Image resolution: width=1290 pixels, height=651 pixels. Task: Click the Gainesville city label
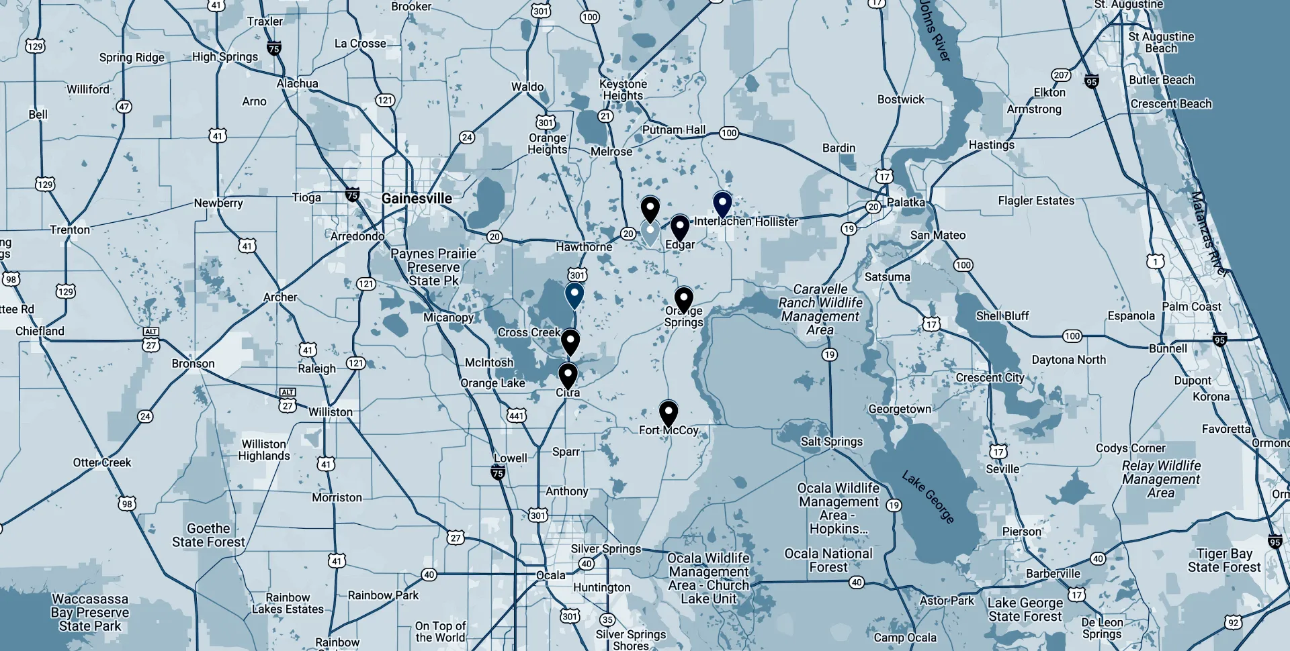417,199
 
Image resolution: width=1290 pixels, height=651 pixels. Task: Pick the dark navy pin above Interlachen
722,203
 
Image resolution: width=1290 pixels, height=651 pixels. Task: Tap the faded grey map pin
650,232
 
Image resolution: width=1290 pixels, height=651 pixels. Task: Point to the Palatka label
906,202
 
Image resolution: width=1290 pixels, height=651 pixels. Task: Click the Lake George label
928,497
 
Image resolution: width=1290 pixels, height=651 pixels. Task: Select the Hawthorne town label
584,247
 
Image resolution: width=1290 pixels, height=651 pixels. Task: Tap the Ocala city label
551,575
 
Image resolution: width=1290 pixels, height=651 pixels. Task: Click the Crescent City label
990,378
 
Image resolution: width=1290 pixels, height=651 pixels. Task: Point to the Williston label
330,412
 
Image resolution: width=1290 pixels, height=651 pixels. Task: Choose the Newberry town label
218,203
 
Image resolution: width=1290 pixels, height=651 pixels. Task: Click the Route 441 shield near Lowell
516,415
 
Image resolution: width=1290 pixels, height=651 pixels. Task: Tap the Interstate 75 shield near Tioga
352,195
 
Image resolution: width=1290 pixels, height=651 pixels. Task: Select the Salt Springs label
831,442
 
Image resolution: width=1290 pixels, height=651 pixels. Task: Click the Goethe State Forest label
208,536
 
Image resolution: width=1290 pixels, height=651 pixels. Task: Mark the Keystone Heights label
623,90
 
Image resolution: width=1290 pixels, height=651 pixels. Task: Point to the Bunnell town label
1168,348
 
